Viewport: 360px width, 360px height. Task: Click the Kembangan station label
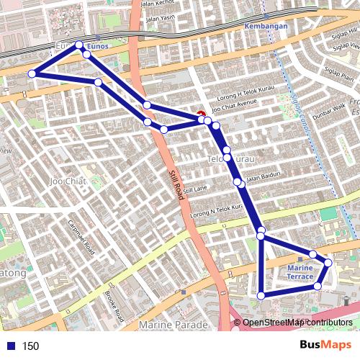[266, 26]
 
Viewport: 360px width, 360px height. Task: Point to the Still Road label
[177, 184]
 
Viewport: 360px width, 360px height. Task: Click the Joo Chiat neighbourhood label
[68, 181]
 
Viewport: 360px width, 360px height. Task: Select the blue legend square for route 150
[9, 346]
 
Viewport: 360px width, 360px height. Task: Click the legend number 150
[30, 346]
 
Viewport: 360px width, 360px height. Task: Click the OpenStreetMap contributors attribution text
[297, 323]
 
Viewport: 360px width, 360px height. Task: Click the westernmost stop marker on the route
[32, 73]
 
